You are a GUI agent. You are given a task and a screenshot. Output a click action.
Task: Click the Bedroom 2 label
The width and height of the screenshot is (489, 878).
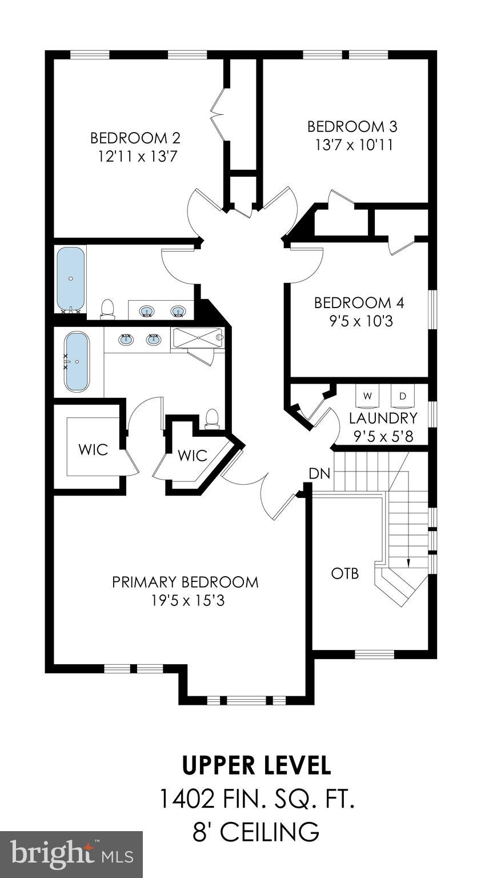pyautogui.click(x=135, y=138)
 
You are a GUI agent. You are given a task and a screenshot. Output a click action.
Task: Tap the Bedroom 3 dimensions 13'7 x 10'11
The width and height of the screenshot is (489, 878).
pyautogui.click(x=354, y=145)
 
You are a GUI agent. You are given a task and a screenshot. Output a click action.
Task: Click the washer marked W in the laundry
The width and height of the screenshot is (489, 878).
pyautogui.click(x=367, y=396)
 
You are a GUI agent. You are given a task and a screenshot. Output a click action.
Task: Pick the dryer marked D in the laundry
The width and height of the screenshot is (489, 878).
pyautogui.click(x=402, y=396)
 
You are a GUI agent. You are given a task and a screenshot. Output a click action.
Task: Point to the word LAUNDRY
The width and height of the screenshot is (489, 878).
pyautogui.click(x=383, y=418)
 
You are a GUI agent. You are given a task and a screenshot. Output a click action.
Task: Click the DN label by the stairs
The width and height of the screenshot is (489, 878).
pyautogui.click(x=319, y=473)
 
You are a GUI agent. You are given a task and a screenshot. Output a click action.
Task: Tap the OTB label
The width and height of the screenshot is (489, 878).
pyautogui.click(x=345, y=573)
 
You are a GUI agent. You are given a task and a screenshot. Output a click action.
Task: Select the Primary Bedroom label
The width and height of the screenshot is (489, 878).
pyautogui.click(x=185, y=582)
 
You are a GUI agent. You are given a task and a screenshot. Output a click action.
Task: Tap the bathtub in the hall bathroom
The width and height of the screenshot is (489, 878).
pyautogui.click(x=71, y=279)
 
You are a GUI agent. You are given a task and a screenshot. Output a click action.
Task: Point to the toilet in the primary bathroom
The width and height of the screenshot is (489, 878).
pyautogui.click(x=213, y=418)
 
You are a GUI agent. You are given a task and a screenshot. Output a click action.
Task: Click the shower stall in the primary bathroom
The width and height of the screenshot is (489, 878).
pyautogui.click(x=197, y=337)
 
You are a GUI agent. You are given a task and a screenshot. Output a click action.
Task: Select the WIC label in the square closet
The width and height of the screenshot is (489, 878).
pyautogui.click(x=93, y=449)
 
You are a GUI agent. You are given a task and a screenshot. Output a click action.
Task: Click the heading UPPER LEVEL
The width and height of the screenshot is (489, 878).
pyautogui.click(x=256, y=764)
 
